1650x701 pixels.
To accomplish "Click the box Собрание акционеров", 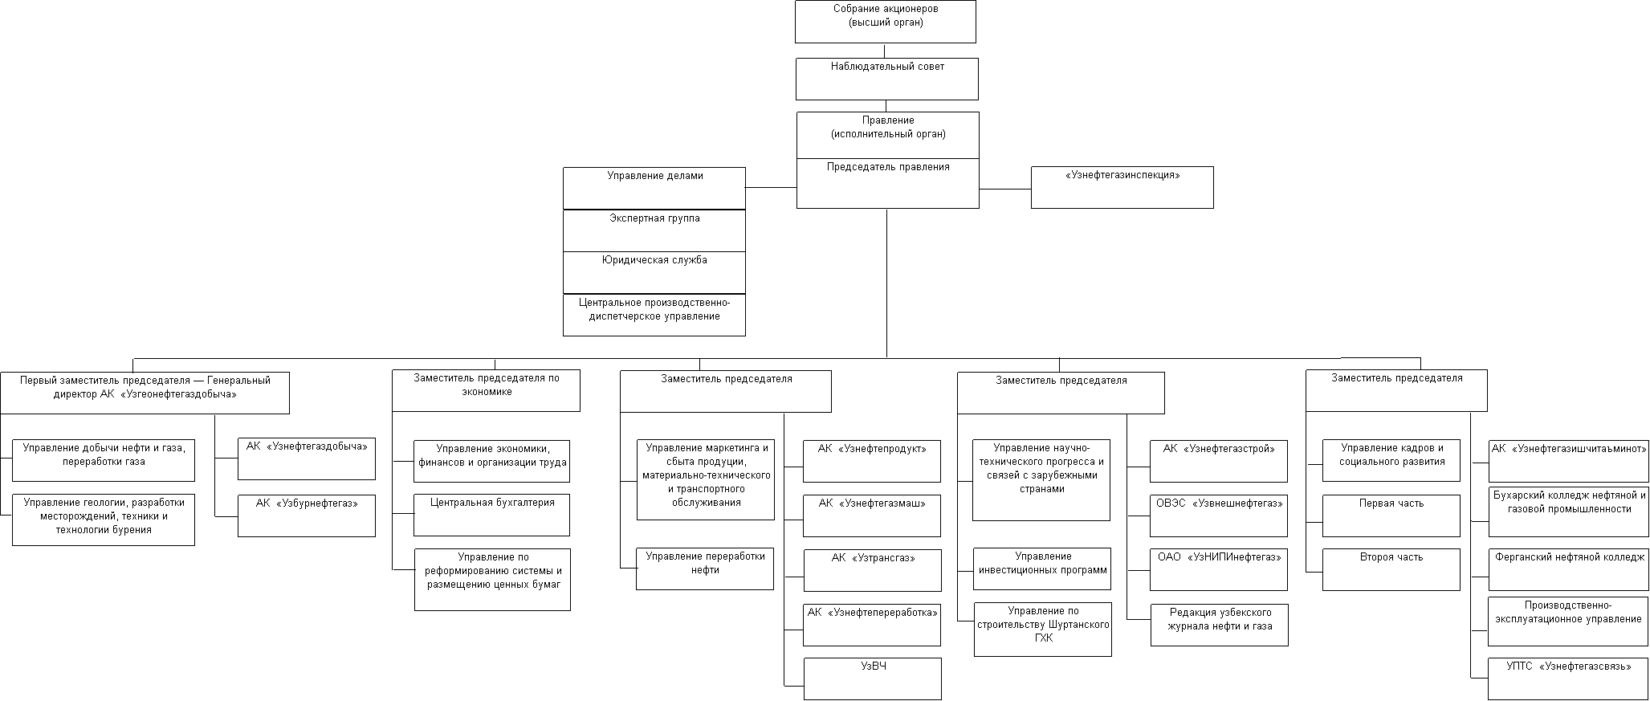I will pyautogui.click(x=885, y=22).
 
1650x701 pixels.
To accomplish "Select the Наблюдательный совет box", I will pyautogui.click(x=886, y=79).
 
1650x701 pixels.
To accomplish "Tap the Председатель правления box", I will pyautogui.click(x=887, y=183).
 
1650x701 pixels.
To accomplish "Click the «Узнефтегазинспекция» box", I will pyautogui.click(x=1122, y=187).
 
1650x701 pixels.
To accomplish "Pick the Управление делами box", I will pyautogui.click(x=654, y=188).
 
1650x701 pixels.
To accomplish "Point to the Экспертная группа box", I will pyautogui.click(x=654, y=230).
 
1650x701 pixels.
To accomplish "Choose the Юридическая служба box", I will pyautogui.click(x=654, y=272).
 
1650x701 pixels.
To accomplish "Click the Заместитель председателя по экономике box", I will pyautogui.click(x=486, y=390).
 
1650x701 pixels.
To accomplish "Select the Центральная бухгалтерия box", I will pyautogui.click(x=491, y=515).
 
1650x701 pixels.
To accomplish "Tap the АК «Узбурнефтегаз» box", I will pyautogui.click(x=306, y=516).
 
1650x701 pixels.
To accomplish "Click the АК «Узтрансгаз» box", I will pyautogui.click(x=872, y=570).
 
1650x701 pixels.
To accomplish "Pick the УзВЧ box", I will pyautogui.click(x=872, y=679).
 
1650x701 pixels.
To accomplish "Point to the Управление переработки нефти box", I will pyautogui.click(x=705, y=569).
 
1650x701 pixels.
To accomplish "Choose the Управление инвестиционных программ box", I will pyautogui.click(x=1042, y=569).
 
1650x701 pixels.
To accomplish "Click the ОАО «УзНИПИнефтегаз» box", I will pyautogui.click(x=1219, y=569).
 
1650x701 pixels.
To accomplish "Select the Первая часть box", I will pyautogui.click(x=1391, y=516).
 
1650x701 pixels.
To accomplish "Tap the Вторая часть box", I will pyautogui.click(x=1391, y=569).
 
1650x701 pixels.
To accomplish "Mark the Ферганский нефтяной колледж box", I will pyautogui.click(x=1569, y=569).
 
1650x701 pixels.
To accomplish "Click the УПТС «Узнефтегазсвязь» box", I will pyautogui.click(x=1568, y=679).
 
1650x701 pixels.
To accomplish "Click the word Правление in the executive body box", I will pyautogui.click(x=887, y=120).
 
